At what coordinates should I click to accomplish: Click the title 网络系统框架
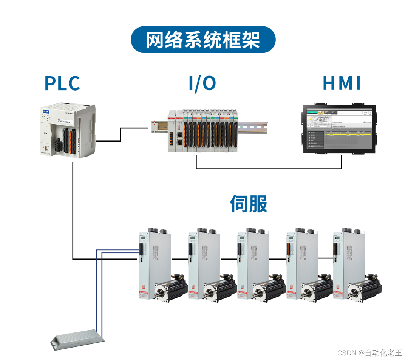point(203,40)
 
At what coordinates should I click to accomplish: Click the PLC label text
point(62,83)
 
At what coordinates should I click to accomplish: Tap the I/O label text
point(202,83)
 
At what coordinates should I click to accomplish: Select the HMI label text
point(342,83)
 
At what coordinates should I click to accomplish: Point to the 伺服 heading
point(249,204)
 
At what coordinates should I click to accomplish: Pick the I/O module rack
point(206,131)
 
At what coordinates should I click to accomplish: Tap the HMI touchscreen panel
point(340,128)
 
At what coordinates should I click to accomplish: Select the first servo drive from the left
point(149,264)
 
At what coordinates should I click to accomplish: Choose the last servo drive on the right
point(344,264)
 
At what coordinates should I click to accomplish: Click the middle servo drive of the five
point(247,264)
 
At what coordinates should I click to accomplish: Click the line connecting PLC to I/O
point(121,134)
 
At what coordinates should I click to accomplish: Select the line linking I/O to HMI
point(268,169)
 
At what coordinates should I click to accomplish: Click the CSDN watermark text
point(369,353)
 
